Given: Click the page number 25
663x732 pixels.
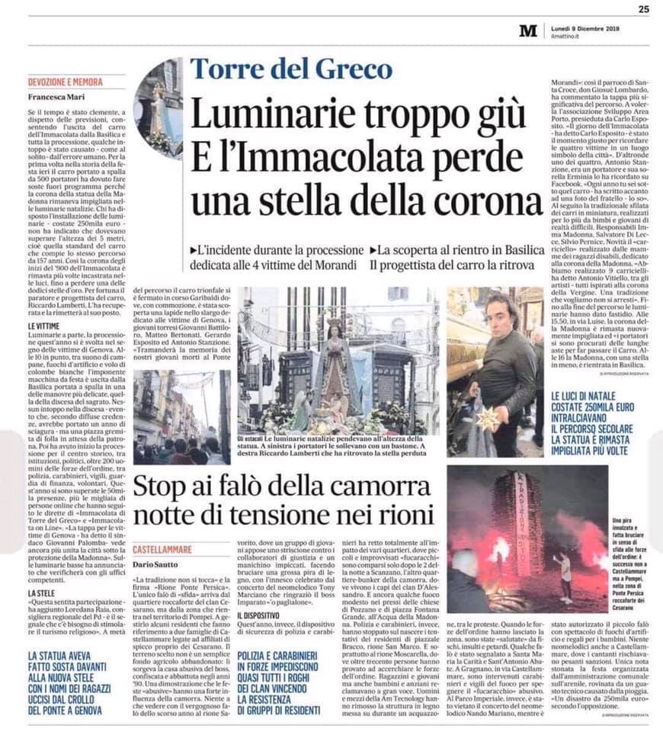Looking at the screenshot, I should tap(643, 9).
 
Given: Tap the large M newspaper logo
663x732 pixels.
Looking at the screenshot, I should tap(528, 30).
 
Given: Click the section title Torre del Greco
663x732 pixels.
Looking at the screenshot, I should tap(292, 69).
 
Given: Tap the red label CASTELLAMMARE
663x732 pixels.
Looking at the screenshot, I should tap(162, 550).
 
